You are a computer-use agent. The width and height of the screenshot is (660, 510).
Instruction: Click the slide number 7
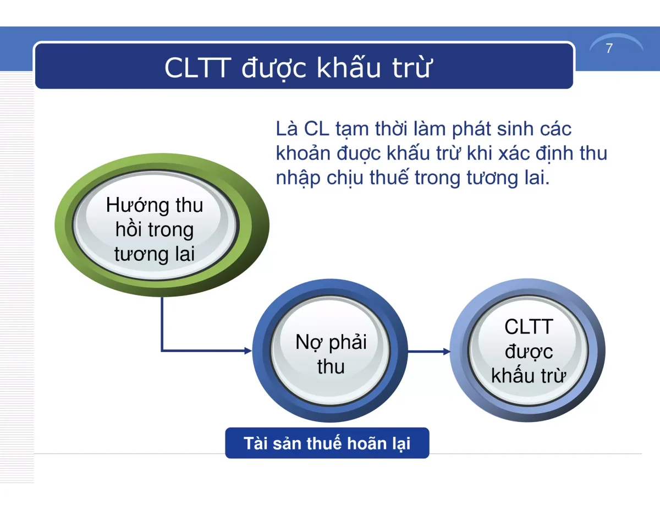click(x=609, y=48)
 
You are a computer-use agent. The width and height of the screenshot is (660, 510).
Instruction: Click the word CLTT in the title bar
click(x=197, y=68)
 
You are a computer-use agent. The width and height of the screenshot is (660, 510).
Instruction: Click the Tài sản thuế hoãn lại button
click(x=327, y=443)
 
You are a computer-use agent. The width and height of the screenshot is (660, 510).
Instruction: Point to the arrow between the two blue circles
click(x=429, y=351)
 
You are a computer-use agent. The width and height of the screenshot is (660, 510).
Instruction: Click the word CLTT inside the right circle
click(x=528, y=327)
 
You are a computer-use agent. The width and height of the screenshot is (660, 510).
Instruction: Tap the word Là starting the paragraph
click(x=286, y=129)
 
